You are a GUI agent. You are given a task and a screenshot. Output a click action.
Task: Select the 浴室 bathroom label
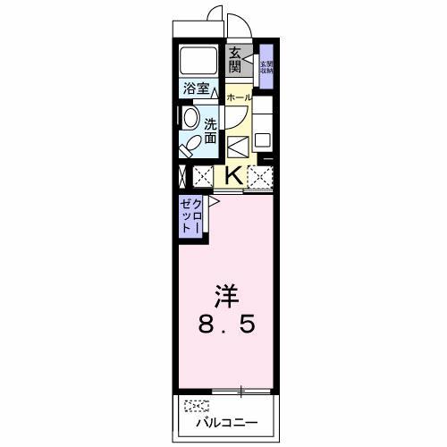[x=196, y=89]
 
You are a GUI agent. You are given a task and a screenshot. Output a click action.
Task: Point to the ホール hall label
[x=238, y=96]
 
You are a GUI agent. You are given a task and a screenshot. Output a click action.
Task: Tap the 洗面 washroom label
[x=211, y=131]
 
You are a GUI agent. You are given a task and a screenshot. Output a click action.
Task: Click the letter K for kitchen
[x=232, y=174]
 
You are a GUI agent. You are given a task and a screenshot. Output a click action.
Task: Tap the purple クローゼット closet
[x=191, y=216]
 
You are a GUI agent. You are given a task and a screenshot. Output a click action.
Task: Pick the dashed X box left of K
[x=203, y=176]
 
